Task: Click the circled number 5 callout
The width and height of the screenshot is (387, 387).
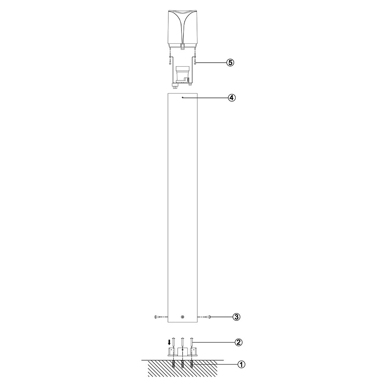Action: tap(230, 63)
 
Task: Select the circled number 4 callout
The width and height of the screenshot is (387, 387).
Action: tap(231, 98)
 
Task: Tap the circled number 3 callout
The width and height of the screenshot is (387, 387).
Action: tap(236, 317)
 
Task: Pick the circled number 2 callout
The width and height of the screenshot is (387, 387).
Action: tap(238, 342)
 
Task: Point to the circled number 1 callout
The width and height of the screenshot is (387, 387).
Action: tap(241, 364)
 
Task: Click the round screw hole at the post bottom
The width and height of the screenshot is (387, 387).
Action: tap(182, 317)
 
